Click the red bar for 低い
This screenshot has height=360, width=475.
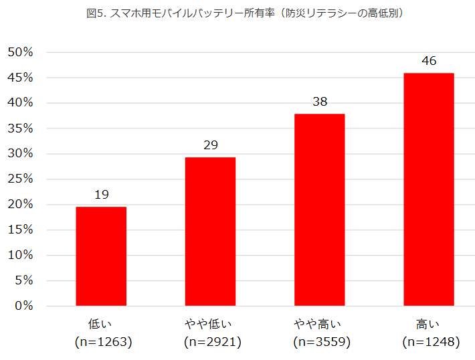point(101,256)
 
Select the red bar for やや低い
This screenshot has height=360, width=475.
point(210,232)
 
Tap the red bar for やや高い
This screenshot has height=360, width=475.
point(319,209)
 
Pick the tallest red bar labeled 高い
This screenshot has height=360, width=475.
point(429,189)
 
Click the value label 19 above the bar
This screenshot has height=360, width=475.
point(101,195)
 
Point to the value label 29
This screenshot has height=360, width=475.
point(210,145)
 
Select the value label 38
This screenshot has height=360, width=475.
point(319,102)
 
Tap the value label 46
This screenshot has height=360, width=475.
point(429,61)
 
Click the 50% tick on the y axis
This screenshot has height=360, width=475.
point(20,52)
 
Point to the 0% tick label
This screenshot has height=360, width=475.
point(23,306)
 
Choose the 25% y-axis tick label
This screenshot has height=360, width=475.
point(20,179)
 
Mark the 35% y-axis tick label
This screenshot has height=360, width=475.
point(20,128)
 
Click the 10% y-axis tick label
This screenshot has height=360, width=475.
point(20,255)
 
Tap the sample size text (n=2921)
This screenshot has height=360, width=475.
point(212,342)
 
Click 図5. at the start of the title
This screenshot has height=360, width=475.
point(96,13)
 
